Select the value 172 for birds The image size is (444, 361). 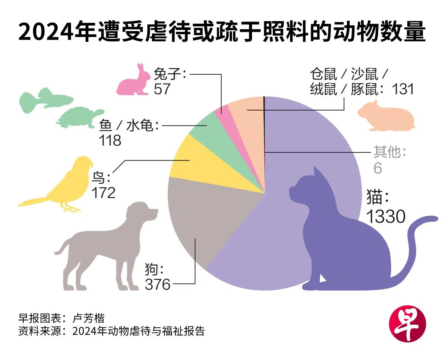pyautogui.click(x=103, y=193)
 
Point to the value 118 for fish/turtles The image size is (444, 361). pyautogui.click(x=110, y=141)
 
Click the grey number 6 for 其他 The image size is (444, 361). pyautogui.click(x=377, y=168)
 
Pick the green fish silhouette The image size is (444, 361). pyautogui.click(x=44, y=98)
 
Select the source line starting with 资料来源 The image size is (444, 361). pyautogui.click(x=111, y=330)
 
